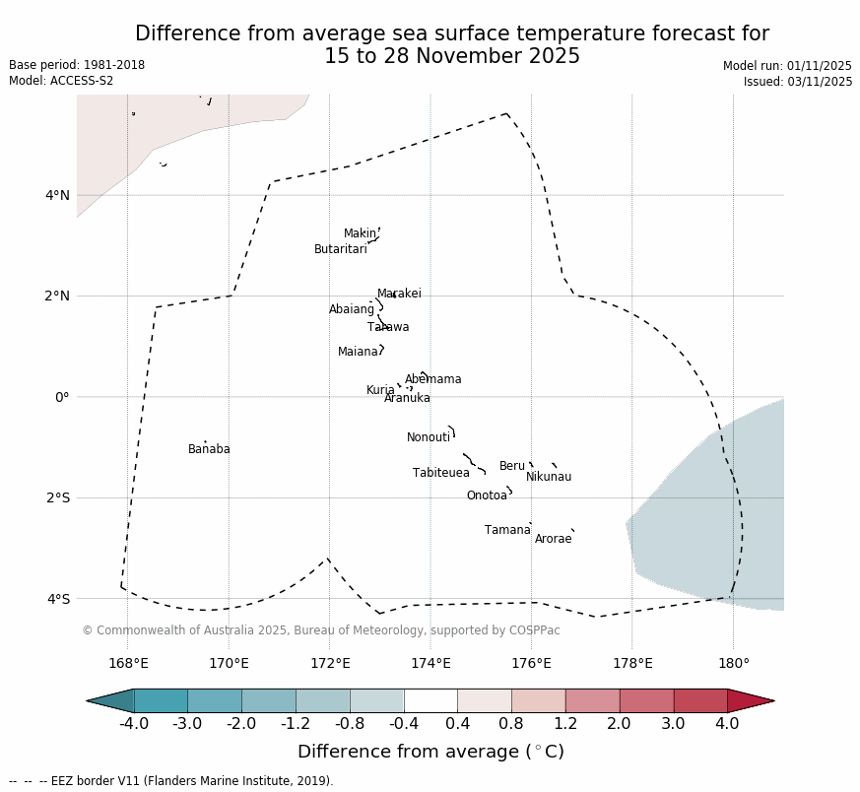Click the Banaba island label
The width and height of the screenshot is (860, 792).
(x=209, y=450)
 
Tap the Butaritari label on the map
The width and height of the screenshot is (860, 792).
(x=341, y=250)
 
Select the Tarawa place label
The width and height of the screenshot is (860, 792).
(x=388, y=328)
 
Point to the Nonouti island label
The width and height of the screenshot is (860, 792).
(x=429, y=438)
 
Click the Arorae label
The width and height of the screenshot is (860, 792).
(x=553, y=540)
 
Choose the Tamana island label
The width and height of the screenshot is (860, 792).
(x=507, y=531)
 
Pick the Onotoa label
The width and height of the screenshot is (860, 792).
(x=487, y=496)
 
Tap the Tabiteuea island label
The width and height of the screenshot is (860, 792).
(x=441, y=474)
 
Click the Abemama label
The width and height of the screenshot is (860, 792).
(x=433, y=380)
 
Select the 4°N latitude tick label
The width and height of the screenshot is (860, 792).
(x=57, y=195)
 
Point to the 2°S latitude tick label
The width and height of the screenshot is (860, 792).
(x=57, y=498)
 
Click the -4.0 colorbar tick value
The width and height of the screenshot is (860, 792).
(x=134, y=725)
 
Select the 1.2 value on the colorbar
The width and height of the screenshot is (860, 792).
(x=565, y=725)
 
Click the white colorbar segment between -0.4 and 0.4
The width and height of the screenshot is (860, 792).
(x=430, y=700)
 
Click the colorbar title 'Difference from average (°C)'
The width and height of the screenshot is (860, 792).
(x=430, y=753)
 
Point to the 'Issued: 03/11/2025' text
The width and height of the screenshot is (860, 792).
(x=798, y=82)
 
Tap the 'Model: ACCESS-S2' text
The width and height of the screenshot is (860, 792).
(x=61, y=81)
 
